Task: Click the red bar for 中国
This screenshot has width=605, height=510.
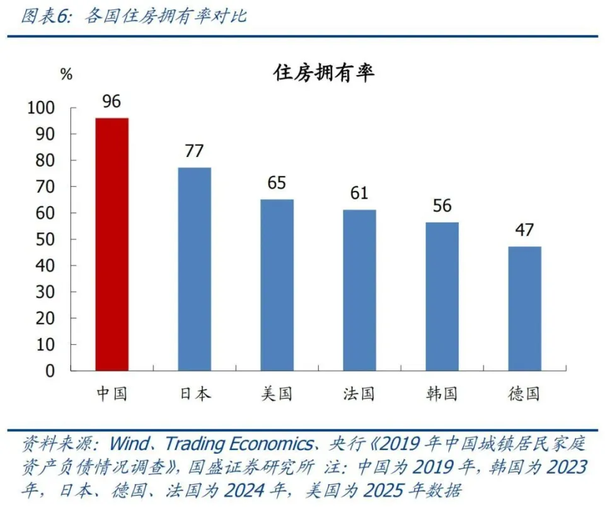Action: point(112,244)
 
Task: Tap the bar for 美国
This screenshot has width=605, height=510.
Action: point(277,284)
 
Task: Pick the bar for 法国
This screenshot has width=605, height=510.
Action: point(359,290)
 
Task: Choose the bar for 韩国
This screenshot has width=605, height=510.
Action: point(442,296)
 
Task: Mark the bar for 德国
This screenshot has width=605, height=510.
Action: point(524,308)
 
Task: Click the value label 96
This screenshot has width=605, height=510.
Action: point(112,102)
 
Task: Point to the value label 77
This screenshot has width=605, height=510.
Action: point(194,152)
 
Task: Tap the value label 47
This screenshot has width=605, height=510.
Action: point(524,230)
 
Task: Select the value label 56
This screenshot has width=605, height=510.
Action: point(442,206)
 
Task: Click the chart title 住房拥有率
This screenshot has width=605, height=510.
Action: point(323,73)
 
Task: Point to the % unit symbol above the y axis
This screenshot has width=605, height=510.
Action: point(66,74)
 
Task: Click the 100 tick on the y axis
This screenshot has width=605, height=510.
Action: point(42,108)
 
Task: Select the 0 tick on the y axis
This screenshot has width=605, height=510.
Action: point(50,371)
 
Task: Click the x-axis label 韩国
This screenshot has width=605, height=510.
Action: point(442,394)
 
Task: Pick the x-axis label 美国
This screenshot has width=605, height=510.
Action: point(277,394)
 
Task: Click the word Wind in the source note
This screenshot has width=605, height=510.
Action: point(130,444)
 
